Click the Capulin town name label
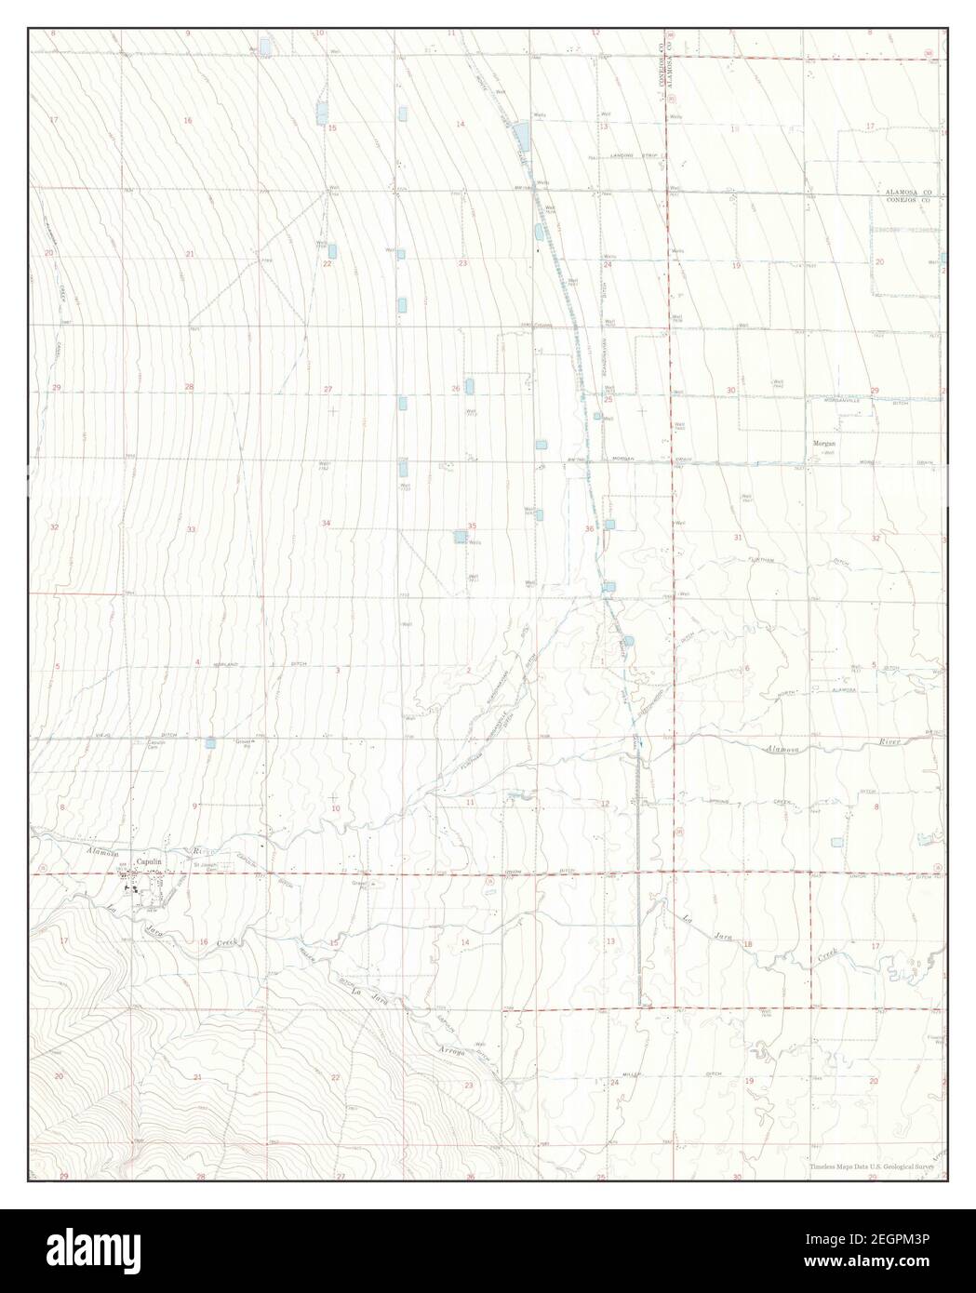(149, 862)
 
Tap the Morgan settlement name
(825, 444)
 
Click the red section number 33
(191, 529)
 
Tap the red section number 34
(326, 524)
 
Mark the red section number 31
(738, 538)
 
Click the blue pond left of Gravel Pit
(211, 742)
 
